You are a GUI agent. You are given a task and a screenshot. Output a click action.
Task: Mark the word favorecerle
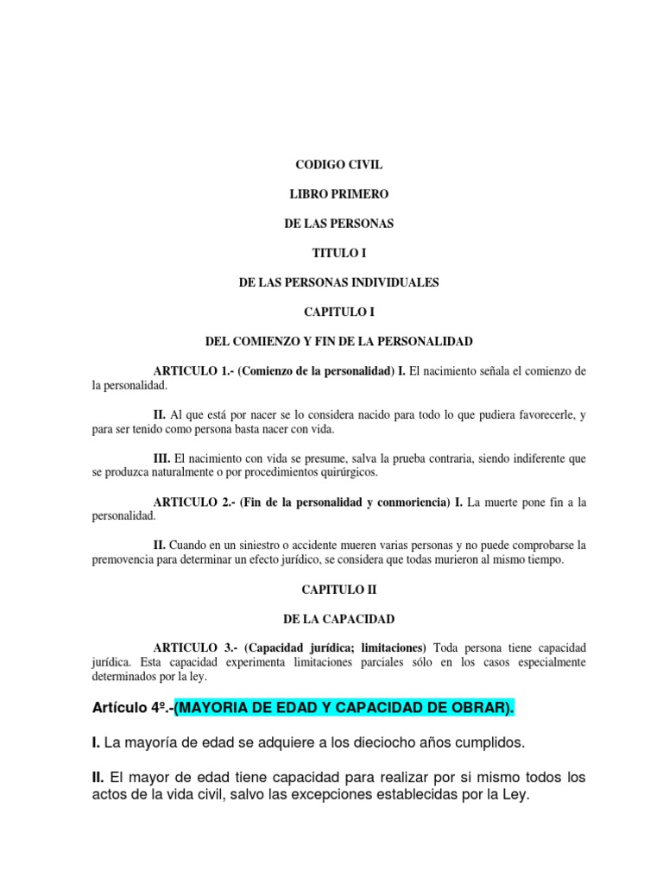click(x=537, y=414)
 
